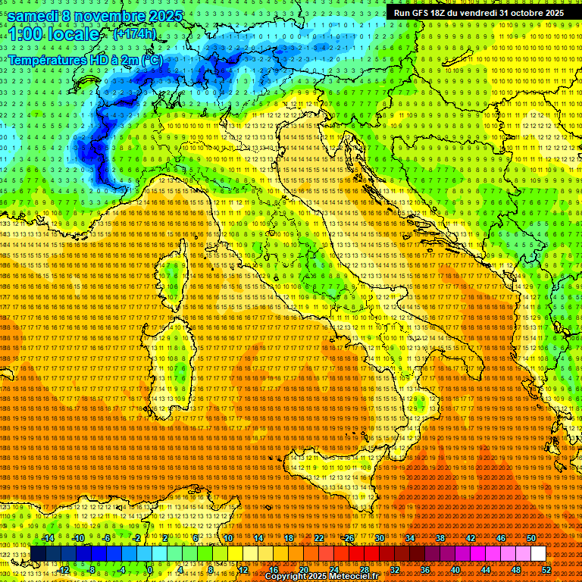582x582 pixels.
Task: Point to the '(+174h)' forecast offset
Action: [135, 34]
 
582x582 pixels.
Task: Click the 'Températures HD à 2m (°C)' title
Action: [85, 59]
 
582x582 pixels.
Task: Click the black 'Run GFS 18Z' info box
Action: [478, 13]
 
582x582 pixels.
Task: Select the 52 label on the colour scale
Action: [546, 570]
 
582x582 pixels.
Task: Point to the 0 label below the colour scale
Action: [150, 570]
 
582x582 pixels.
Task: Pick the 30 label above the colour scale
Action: [379, 538]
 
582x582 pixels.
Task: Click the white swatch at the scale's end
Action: [538, 554]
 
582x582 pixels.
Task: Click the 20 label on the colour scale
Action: [303, 570]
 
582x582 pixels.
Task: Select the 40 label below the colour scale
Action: [455, 570]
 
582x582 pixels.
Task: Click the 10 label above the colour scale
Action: [227, 538]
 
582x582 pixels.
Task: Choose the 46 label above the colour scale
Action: [501, 538]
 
